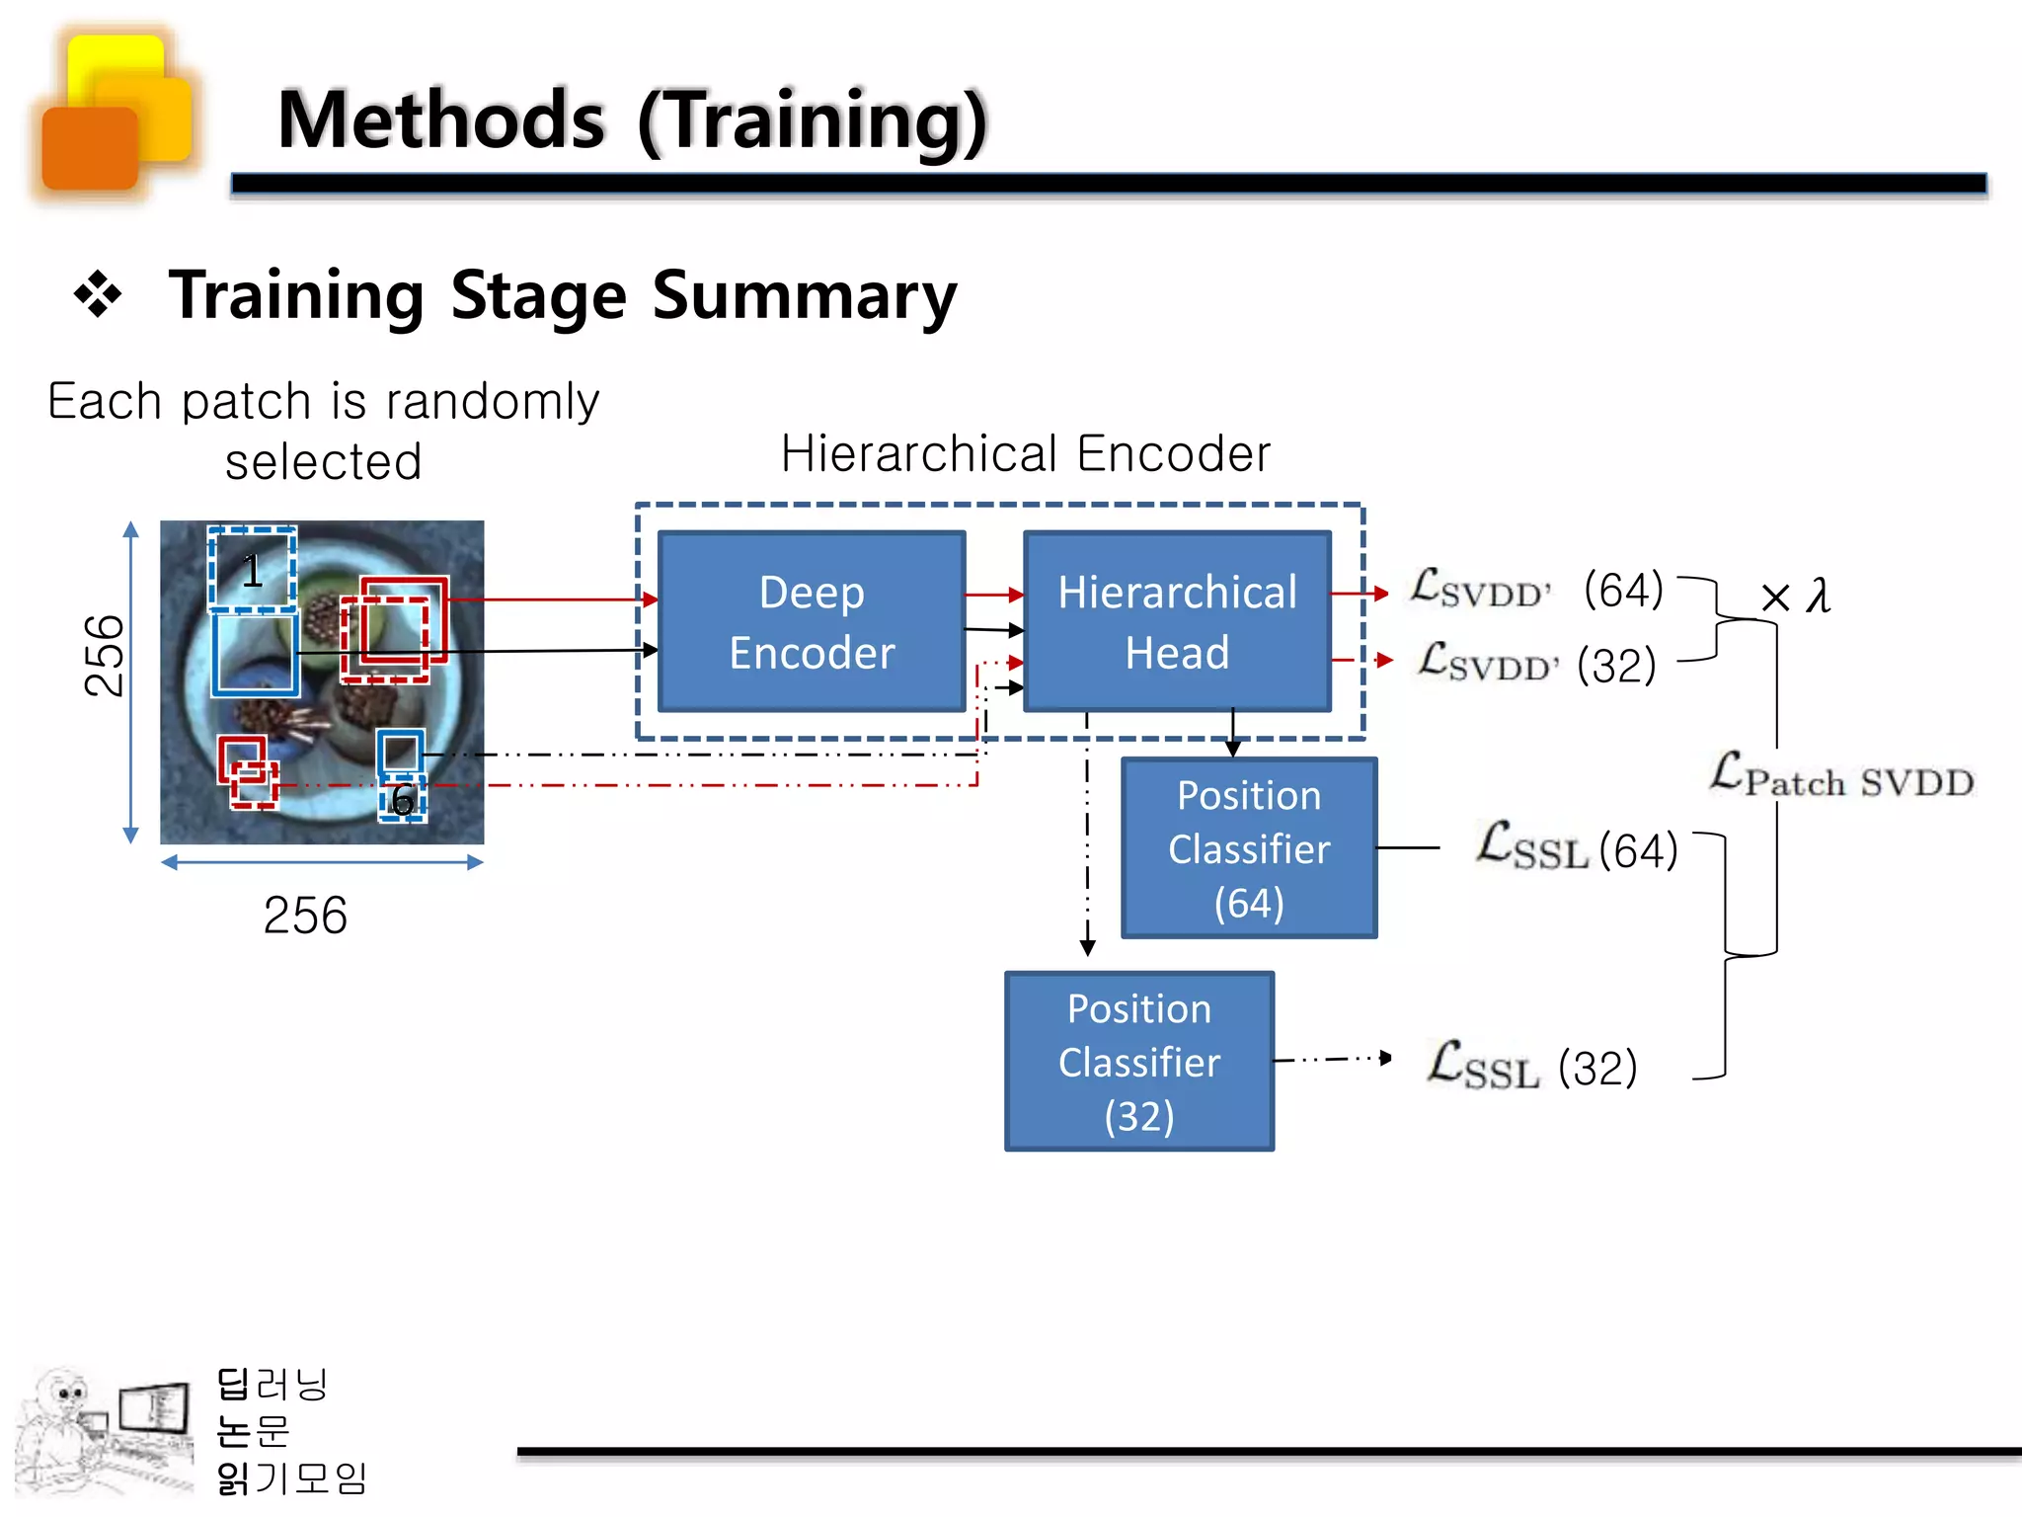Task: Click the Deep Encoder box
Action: tap(812, 621)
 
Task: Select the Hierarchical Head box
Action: tap(1177, 621)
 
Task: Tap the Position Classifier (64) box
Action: tap(1249, 847)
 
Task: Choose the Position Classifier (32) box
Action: tap(1139, 1061)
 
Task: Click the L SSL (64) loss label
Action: tap(1576, 847)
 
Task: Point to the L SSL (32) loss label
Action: tap(1532, 1067)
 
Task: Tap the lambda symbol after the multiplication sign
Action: tap(1818, 596)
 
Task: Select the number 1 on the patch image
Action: tap(252, 571)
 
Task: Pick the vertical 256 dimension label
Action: tap(105, 656)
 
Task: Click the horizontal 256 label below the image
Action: tap(305, 915)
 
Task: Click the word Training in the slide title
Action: tap(812, 120)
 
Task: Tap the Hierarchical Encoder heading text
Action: tap(1025, 454)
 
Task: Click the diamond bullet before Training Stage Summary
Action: tap(98, 294)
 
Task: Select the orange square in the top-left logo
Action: tap(90, 148)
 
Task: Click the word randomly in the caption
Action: tap(492, 401)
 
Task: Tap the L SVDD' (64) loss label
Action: tap(1535, 590)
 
